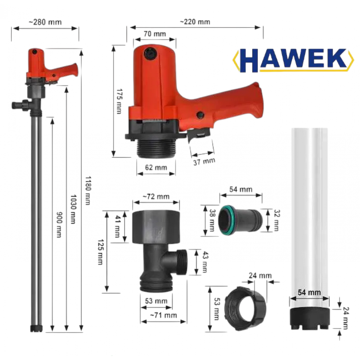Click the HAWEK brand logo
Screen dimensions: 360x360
click(294, 60)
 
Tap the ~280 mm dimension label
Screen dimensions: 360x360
click(45, 22)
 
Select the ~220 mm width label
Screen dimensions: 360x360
click(195, 22)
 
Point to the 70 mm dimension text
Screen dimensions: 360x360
click(155, 34)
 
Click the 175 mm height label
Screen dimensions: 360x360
click(119, 101)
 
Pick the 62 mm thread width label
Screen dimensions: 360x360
click(156, 168)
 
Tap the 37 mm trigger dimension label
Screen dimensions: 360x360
click(204, 161)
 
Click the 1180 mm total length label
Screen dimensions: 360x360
click(88, 191)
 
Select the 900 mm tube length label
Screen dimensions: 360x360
click(59, 224)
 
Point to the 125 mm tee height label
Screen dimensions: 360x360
click(101, 252)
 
